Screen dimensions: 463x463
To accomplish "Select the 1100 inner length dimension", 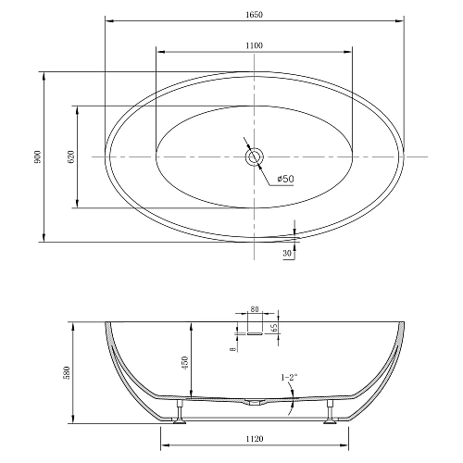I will (x=255, y=45).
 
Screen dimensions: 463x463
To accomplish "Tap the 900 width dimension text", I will (x=37, y=157).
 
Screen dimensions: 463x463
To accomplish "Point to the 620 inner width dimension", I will (x=70, y=157).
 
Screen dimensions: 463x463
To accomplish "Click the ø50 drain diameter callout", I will (x=285, y=180).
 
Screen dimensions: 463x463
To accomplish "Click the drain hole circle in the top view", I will (x=255, y=157).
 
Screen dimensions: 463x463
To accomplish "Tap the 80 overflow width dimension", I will (x=255, y=312).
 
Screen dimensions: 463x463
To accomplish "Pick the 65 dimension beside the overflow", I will (x=276, y=327).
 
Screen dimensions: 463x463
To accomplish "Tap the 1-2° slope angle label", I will (x=289, y=377).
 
